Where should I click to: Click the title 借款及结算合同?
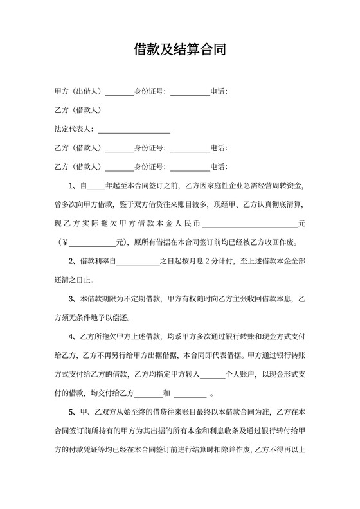pos(179,49)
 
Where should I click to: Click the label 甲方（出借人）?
pos(78,91)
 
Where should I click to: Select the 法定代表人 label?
pos(73,129)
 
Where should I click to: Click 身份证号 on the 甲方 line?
pos(149,91)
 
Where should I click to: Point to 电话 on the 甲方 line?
pos(219,91)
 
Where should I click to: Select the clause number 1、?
pos(73,186)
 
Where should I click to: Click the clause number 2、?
pos(73,261)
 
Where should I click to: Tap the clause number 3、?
pos(73,299)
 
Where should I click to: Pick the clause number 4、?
pos(73,336)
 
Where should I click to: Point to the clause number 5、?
pos(73,411)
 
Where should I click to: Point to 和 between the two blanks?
pos(167,393)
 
